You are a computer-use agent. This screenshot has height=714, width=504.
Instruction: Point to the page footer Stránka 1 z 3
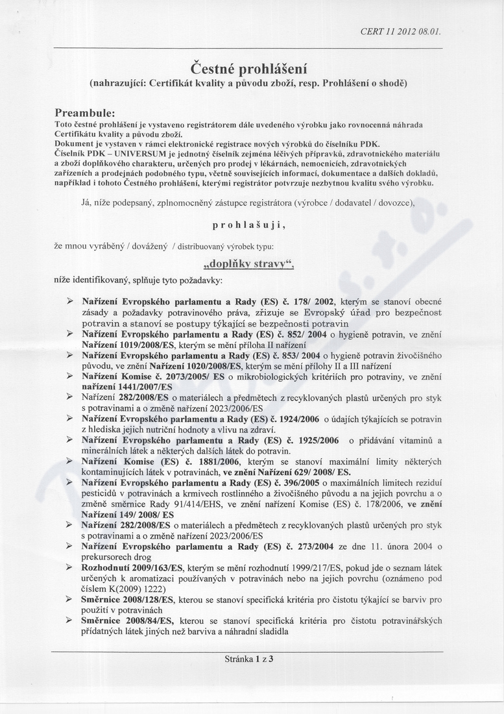tap(249, 658)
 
